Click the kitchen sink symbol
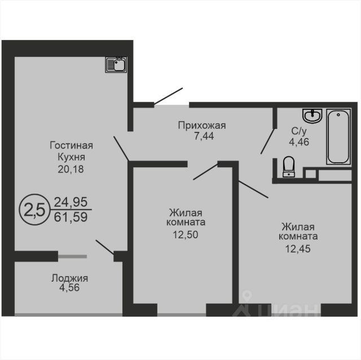pyautogui.click(x=116, y=65)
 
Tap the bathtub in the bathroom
pyautogui.click(x=338, y=136)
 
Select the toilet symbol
pyautogui.click(x=288, y=167)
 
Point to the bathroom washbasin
pyautogui.click(x=312, y=116)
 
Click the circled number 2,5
pyautogui.click(x=34, y=210)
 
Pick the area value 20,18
pyautogui.click(x=71, y=169)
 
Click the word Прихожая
pyautogui.click(x=202, y=126)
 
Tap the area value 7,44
pyautogui.click(x=204, y=136)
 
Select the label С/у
pyautogui.click(x=299, y=131)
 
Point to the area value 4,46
pyautogui.click(x=299, y=142)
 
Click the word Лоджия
pyautogui.click(x=69, y=278)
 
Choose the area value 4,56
pyautogui.click(x=69, y=287)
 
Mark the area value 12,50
pyautogui.click(x=186, y=235)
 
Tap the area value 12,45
pyautogui.click(x=298, y=249)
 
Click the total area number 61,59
pyautogui.click(x=71, y=217)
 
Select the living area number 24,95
pyautogui.click(x=71, y=202)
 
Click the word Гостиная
pyautogui.click(x=72, y=145)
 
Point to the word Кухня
pyautogui.click(x=72, y=157)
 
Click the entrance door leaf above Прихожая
pyautogui.click(x=168, y=96)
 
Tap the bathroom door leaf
pyautogui.click(x=267, y=141)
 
